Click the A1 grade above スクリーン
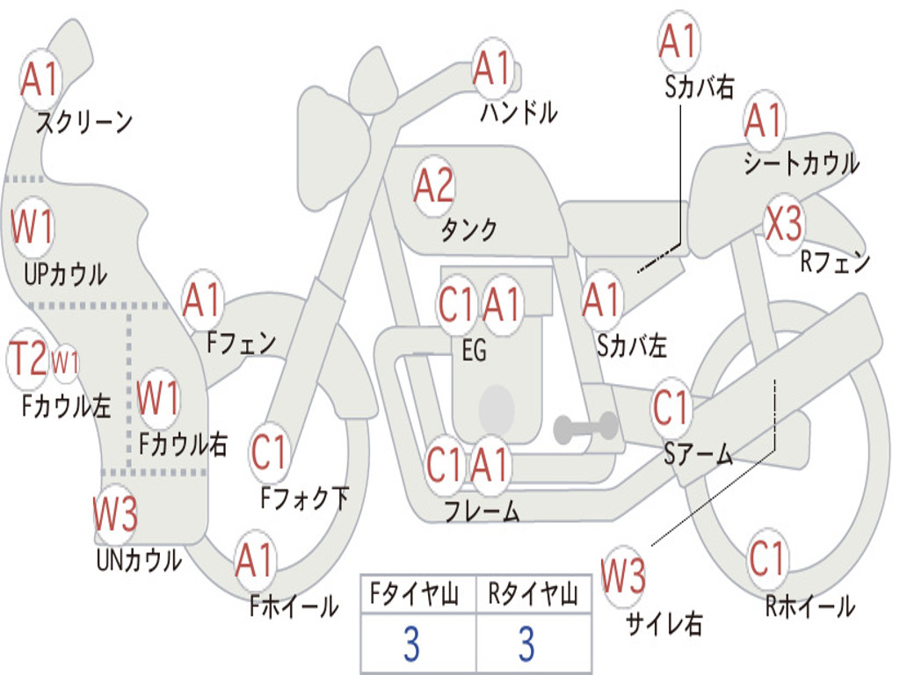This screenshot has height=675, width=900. (x=40, y=79)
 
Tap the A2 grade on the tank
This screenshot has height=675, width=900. (x=433, y=185)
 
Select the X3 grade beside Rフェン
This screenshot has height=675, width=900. (x=783, y=225)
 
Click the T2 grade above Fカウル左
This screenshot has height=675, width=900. (x=27, y=359)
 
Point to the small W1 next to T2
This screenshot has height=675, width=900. (x=66, y=361)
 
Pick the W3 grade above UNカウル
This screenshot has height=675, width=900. (x=115, y=513)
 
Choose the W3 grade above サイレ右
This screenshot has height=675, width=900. (x=623, y=576)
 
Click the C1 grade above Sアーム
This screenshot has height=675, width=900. (x=672, y=408)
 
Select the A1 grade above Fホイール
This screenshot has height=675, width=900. (x=255, y=560)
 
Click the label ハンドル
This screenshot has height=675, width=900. (x=519, y=112)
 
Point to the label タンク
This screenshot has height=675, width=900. (x=468, y=230)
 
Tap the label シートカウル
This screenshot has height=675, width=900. (x=801, y=163)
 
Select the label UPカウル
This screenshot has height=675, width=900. (x=65, y=274)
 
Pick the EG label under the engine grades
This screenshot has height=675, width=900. (x=474, y=351)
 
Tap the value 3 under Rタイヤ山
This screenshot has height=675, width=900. (x=526, y=644)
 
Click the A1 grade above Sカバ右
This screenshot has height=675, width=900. (x=678, y=41)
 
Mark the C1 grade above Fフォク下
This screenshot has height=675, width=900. (x=270, y=452)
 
